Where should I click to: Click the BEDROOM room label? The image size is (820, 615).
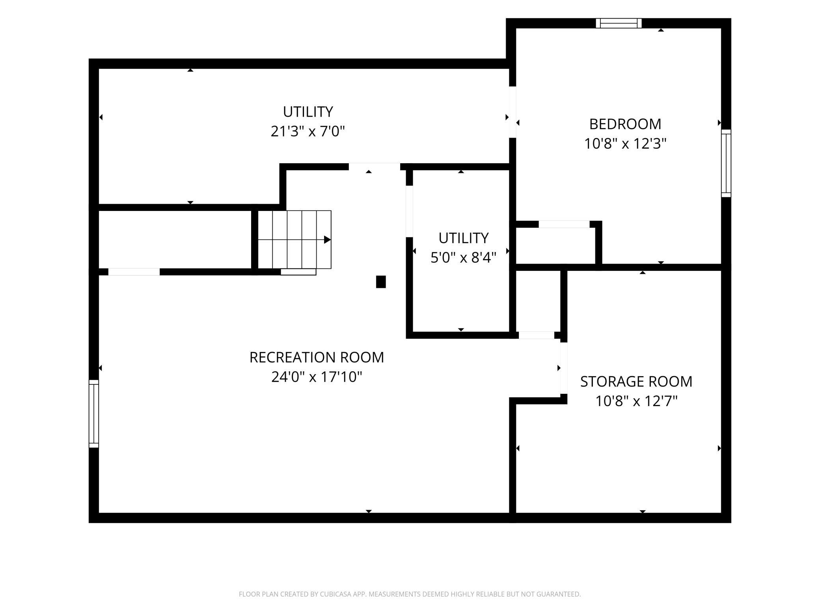[625, 124]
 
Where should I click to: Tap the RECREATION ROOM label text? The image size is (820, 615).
[317, 358]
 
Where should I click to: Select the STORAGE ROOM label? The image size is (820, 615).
[636, 382]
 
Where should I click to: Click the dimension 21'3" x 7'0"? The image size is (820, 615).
[308, 131]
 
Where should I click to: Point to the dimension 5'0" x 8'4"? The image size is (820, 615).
[463, 258]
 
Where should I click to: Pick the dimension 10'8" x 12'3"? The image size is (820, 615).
[625, 144]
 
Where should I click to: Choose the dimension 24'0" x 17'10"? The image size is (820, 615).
[317, 377]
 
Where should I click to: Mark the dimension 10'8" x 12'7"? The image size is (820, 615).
[636, 401]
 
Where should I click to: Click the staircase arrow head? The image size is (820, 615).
[327, 240]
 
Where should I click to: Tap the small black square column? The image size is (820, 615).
[381, 282]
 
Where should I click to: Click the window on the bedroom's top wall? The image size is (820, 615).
[619, 23]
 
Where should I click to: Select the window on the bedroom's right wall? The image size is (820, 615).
[726, 163]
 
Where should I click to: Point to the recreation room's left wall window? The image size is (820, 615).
[94, 414]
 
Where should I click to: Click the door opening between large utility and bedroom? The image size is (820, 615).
[512, 112]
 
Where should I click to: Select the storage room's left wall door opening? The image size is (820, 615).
[564, 368]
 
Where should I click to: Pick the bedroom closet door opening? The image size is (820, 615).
[564, 224]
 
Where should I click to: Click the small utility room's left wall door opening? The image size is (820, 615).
[410, 211]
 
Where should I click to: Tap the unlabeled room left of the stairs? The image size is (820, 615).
[175, 240]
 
